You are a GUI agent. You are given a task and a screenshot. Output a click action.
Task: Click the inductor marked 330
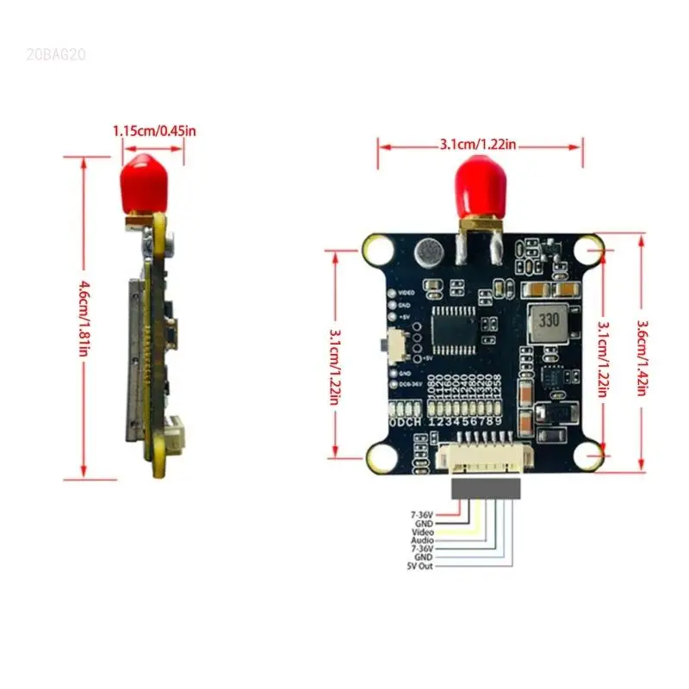click(548, 322)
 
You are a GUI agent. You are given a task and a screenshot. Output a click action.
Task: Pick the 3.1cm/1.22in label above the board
click(478, 145)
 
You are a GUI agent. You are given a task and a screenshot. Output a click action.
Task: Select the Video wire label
click(422, 532)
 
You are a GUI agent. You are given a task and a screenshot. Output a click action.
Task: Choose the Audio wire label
click(422, 540)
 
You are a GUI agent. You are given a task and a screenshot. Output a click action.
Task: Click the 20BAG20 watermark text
click(56, 54)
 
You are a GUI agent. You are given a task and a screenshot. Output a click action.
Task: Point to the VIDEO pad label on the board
click(407, 294)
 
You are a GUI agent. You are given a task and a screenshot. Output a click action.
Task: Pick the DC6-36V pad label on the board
click(408, 383)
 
